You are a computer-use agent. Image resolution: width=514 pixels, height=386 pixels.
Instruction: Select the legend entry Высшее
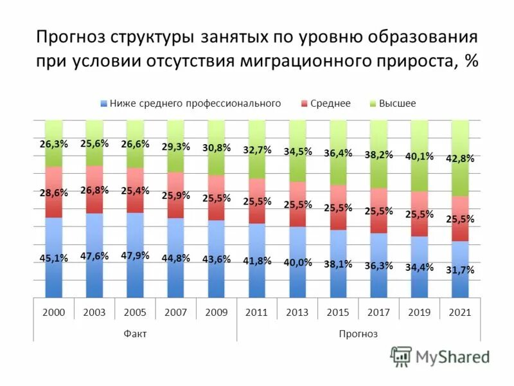point(397,103)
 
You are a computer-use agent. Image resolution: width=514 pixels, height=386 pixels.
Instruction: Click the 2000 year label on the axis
point(53,312)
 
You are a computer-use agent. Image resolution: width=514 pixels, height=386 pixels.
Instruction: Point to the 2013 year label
point(297,312)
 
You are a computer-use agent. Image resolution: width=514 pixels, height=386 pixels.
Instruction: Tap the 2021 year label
point(460,312)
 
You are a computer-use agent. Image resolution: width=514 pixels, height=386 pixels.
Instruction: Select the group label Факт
point(135,333)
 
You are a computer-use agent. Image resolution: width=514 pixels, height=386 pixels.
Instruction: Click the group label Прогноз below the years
point(359,333)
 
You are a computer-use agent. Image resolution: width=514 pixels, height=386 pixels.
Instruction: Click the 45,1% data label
point(53,259)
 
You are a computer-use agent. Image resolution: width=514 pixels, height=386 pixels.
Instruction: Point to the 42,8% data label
point(460,159)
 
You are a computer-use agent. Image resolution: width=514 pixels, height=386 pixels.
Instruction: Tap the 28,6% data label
point(53,193)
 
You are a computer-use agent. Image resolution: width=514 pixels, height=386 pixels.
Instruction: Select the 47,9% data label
point(135,255)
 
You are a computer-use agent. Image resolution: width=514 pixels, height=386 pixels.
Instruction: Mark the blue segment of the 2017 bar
point(378,283)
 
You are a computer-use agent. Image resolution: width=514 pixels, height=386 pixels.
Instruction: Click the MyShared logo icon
point(401,356)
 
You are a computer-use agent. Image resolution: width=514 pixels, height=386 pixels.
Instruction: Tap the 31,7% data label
point(460,270)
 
